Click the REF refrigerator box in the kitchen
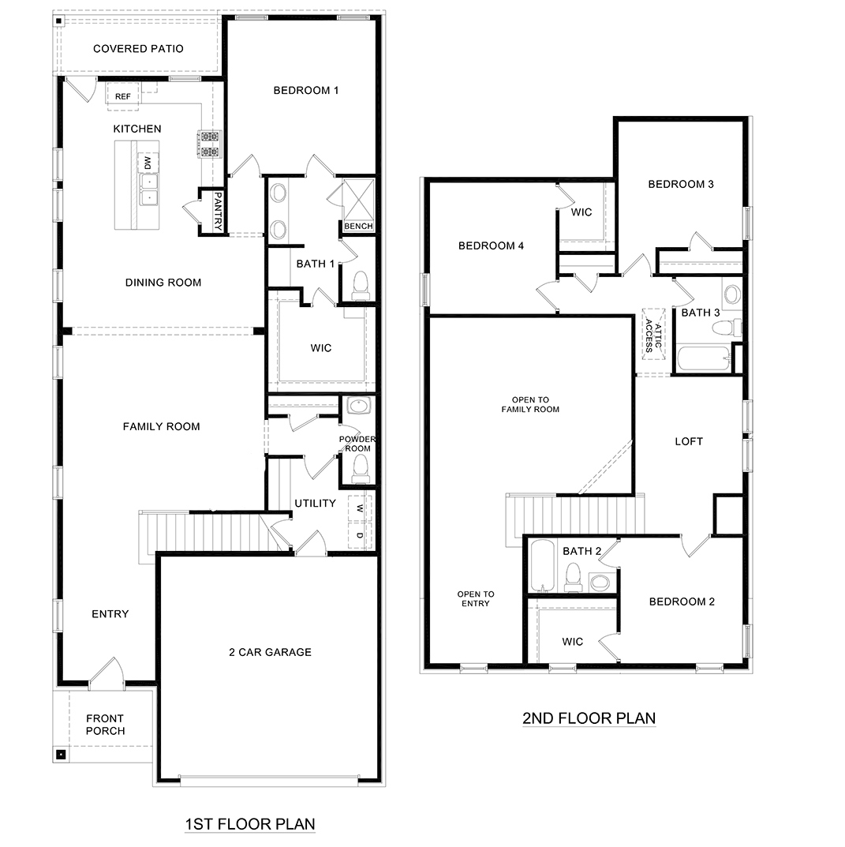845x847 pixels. [123, 96]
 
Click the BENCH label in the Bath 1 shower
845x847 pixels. [358, 227]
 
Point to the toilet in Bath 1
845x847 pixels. [360, 284]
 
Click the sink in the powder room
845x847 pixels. [359, 407]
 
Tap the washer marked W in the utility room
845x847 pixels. [360, 507]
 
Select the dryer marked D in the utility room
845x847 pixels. [360, 535]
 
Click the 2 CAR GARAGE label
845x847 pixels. [270, 652]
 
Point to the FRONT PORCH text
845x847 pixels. [105, 725]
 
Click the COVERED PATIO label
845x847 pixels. [138, 49]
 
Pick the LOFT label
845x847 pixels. [688, 441]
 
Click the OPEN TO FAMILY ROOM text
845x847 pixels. [530, 404]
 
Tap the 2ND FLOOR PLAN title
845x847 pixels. [589, 718]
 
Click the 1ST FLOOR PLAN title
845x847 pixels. [249, 824]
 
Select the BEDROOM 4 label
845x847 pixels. [491, 245]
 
